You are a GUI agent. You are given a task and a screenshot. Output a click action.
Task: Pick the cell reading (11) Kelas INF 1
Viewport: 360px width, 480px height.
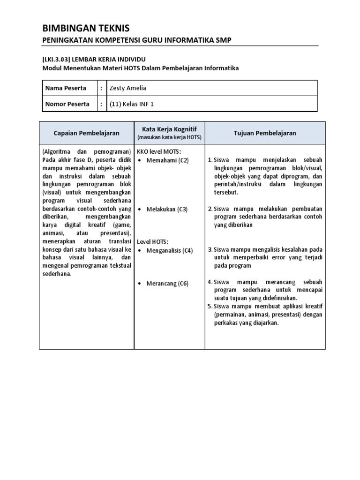131,104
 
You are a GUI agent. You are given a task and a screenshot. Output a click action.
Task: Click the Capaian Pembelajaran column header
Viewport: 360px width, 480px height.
87,133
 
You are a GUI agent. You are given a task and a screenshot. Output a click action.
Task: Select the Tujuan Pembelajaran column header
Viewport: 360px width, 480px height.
265,133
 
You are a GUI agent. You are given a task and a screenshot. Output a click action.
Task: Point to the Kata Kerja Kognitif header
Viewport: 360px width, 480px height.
169,128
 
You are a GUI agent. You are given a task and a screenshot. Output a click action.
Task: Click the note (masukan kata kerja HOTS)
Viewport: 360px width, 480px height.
169,137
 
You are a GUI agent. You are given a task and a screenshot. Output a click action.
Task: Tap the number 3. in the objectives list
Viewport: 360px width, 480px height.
210,250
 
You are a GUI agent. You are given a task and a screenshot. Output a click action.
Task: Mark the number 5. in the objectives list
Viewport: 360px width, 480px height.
210,306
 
